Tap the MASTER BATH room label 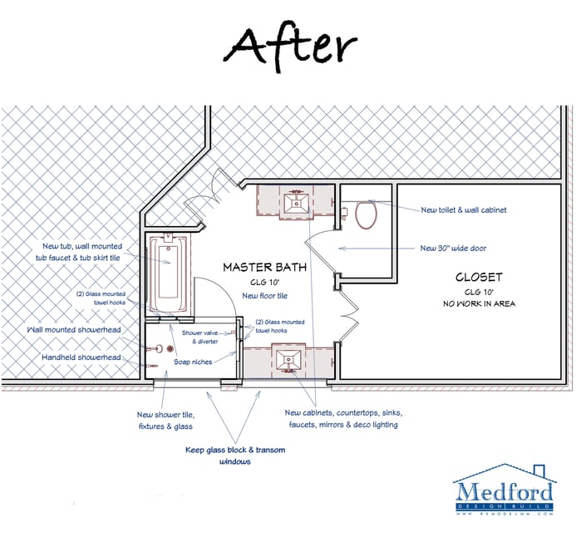pos(264,268)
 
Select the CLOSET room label pos(479,277)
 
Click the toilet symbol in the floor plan pos(366,214)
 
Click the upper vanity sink pos(295,202)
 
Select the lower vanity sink pos(290,360)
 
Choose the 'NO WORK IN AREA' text pos(479,303)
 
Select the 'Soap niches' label pos(193,362)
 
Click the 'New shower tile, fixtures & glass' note pos(165,421)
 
